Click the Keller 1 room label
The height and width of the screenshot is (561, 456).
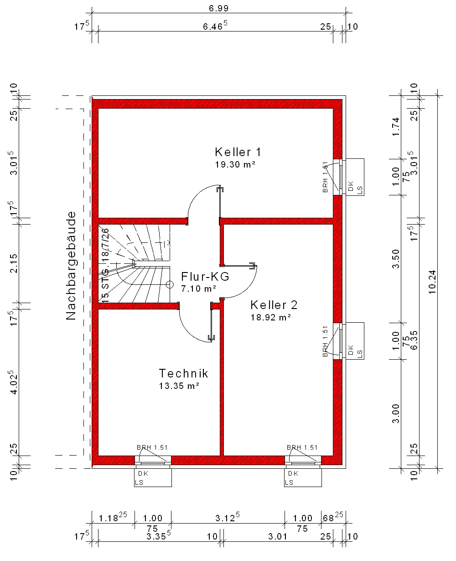click(x=238, y=152)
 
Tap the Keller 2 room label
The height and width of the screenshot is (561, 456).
click(x=274, y=305)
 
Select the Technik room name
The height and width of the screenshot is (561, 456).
click(x=183, y=373)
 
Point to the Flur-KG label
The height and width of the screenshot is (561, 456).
click(x=205, y=277)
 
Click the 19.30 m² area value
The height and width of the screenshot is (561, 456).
click(x=235, y=164)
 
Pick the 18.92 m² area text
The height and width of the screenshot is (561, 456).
click(x=270, y=317)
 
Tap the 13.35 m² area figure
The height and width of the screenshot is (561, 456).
click(x=179, y=386)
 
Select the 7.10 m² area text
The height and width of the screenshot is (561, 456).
click(x=198, y=288)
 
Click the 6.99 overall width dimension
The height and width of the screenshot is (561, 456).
click(x=219, y=8)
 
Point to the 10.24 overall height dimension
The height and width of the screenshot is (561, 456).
click(x=432, y=282)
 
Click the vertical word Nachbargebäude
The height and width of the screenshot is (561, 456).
click(x=71, y=266)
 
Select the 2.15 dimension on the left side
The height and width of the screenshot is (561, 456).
click(x=13, y=263)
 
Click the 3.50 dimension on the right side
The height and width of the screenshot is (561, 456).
click(x=395, y=259)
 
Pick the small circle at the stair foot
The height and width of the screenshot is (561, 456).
click(x=170, y=284)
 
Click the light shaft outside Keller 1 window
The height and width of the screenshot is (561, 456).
click(x=355, y=177)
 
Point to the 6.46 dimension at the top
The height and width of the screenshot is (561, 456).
click(x=215, y=26)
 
